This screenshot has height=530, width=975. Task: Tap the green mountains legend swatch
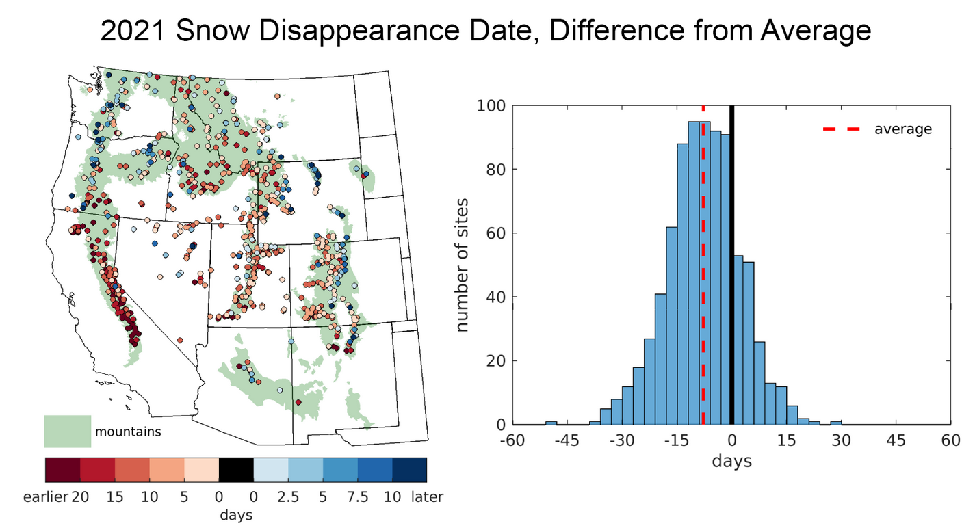(68, 431)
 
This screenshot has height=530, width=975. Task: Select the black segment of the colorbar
(236, 470)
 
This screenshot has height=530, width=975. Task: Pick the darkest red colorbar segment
(62, 470)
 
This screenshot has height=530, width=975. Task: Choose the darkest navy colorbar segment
(409, 470)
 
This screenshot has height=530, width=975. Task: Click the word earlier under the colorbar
(47, 497)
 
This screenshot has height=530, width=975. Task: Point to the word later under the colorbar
(427, 497)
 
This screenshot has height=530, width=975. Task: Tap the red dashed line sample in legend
(842, 128)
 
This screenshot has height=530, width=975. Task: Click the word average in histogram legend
(902, 129)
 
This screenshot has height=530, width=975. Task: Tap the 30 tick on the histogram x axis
(841, 440)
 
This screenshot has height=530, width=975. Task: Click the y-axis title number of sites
(463, 265)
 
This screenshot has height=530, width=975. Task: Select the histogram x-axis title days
(731, 461)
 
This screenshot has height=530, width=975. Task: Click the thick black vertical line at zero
(731, 274)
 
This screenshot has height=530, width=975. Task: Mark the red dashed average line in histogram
(703, 274)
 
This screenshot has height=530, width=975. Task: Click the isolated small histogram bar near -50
(551, 423)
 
